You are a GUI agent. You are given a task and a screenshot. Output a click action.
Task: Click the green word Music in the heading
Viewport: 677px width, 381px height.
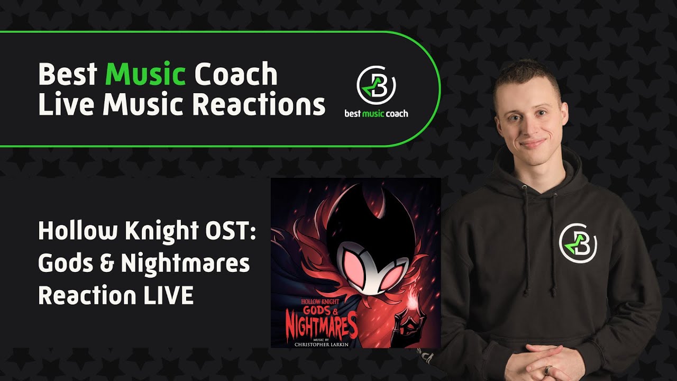[145, 75]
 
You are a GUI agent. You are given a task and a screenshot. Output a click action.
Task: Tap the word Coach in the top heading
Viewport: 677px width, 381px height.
[235, 75]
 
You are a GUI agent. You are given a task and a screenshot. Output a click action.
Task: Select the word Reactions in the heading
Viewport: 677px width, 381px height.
[258, 104]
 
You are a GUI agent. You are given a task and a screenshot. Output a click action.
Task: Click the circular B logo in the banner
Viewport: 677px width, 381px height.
[376, 85]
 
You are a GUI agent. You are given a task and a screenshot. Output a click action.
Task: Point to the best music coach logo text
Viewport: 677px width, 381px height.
[376, 113]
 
